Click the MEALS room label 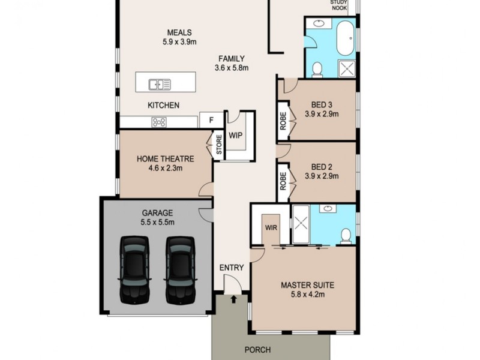[180, 32]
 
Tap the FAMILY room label [231, 59]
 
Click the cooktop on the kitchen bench [159, 122]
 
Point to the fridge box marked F [211, 120]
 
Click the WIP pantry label [235, 135]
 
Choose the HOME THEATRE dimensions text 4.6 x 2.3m [165, 169]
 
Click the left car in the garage [134, 268]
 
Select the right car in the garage [180, 268]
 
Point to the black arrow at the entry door [233, 298]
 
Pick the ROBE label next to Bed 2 [283, 181]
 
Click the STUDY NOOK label [339, 5]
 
